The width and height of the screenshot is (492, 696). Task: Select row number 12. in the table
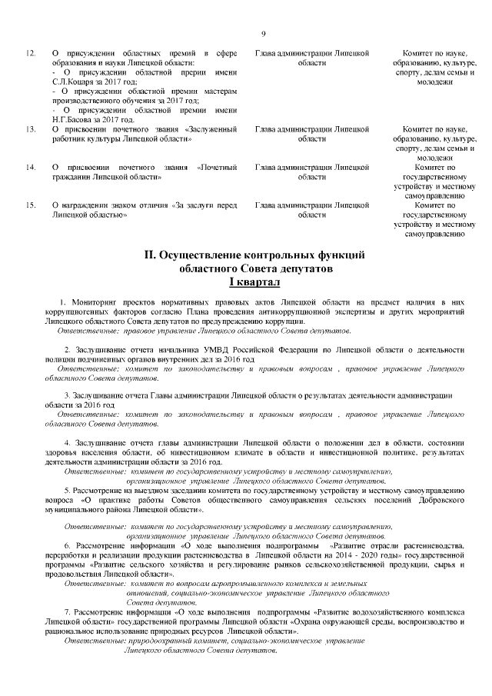coord(31,52)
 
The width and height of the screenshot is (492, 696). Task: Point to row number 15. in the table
coord(31,205)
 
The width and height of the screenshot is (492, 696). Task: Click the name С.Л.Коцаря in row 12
coord(72,81)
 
